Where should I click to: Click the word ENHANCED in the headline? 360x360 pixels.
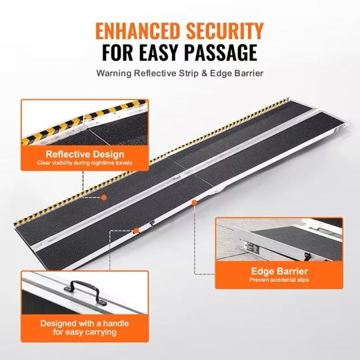click(137, 31)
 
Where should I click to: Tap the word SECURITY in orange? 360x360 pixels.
click(225, 31)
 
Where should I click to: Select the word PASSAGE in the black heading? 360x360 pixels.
click(221, 53)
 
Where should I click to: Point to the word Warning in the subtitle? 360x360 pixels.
click(114, 73)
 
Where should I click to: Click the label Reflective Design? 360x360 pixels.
click(85, 154)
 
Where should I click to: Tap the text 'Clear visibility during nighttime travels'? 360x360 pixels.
click(85, 163)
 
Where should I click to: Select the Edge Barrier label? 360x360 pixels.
click(279, 271)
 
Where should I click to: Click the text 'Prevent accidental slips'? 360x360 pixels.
click(279, 280)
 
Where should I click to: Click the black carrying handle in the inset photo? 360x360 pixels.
click(85, 292)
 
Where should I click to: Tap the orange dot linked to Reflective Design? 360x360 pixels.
click(104, 197)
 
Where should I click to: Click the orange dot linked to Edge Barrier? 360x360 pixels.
click(195, 203)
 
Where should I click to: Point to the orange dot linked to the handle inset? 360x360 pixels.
click(136, 231)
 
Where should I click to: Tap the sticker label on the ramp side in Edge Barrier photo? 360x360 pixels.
click(252, 248)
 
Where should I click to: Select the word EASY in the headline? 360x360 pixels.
click(159, 53)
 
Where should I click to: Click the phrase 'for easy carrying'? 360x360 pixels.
click(85, 333)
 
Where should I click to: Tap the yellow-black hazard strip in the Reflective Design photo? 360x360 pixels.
click(85, 122)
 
